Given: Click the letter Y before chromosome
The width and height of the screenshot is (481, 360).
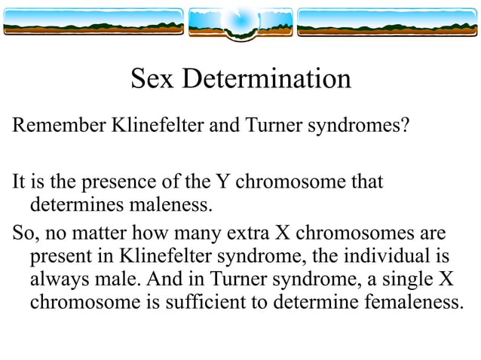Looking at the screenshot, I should click(222, 182).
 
